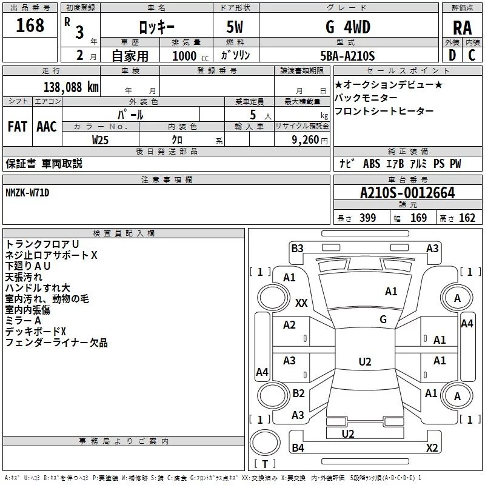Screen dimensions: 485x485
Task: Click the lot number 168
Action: pos(30,25)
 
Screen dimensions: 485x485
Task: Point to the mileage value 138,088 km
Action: pos(70,87)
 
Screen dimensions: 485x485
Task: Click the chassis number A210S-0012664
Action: pos(407,193)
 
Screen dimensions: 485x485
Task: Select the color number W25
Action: pos(101,139)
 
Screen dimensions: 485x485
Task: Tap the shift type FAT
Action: pos(18,127)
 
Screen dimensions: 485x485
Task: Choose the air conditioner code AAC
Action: pos(47,127)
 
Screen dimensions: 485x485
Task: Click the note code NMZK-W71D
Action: pos(27,192)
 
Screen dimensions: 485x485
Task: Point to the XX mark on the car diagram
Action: pos(301,302)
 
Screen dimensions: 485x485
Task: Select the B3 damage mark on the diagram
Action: pos(297,248)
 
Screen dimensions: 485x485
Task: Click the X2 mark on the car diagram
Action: pos(432,448)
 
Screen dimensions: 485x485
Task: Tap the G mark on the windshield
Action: pos(383,319)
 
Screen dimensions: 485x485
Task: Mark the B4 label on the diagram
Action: pos(298,448)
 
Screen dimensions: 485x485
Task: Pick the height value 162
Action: pos(467,218)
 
